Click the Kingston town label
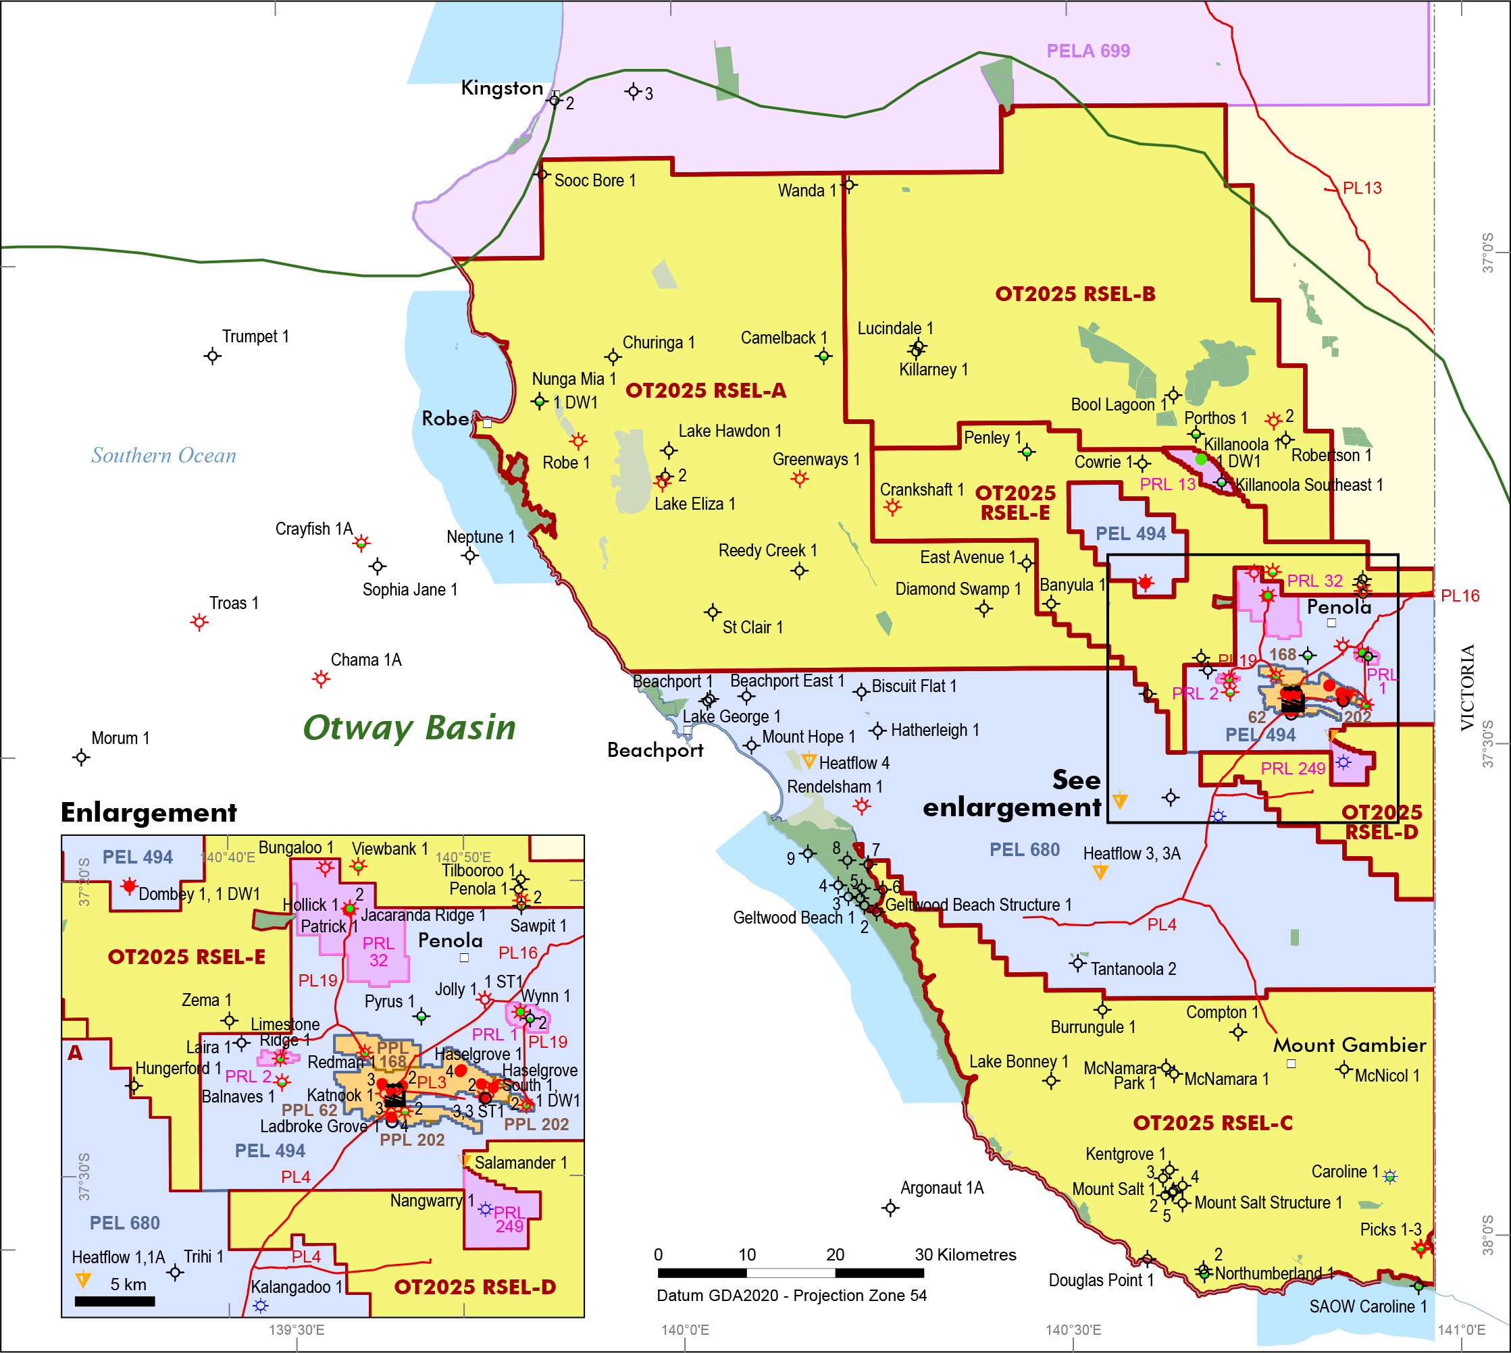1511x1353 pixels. pyautogui.click(x=502, y=88)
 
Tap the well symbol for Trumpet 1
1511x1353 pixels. pyautogui.click(x=212, y=356)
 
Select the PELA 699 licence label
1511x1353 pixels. pyautogui.click(x=1088, y=51)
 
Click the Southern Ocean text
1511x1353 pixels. pyautogui.click(x=163, y=455)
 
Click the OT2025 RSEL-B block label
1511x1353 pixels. pyautogui.click(x=1075, y=294)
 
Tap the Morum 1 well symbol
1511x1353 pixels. pyautogui.click(x=81, y=758)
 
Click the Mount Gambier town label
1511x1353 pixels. pyautogui.click(x=1349, y=1045)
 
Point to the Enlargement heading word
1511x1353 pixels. pyautogui.click(x=149, y=813)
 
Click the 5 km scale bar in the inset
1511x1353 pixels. pyautogui.click(x=115, y=1301)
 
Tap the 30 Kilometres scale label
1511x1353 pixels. pyautogui.click(x=965, y=1255)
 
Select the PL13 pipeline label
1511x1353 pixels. pyautogui.click(x=1362, y=188)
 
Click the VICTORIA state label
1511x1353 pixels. pyautogui.click(x=1467, y=688)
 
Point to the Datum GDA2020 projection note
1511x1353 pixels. pyautogui.click(x=791, y=1296)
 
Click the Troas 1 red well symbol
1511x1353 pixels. pyautogui.click(x=199, y=622)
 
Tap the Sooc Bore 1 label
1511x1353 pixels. pyautogui.click(x=595, y=181)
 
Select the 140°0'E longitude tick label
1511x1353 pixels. pyautogui.click(x=685, y=1330)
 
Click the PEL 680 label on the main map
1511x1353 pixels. pyautogui.click(x=1024, y=850)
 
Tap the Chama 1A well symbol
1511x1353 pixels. pyautogui.click(x=320, y=678)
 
